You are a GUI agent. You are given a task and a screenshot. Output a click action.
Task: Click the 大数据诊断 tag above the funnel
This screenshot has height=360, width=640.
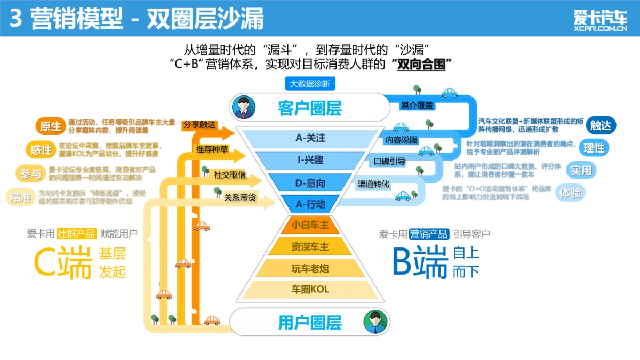310,84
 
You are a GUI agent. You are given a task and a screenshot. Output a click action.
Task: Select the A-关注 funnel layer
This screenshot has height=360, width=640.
310,138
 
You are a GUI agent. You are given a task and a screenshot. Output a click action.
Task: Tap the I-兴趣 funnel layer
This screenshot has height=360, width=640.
310,160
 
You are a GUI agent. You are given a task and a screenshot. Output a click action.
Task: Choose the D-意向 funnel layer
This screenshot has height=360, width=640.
310,183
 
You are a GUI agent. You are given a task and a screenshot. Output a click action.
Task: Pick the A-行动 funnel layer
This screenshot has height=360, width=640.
310,203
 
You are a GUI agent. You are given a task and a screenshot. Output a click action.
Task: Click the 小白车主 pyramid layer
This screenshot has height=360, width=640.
310,225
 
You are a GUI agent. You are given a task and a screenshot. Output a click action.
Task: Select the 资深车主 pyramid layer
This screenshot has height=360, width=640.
310,246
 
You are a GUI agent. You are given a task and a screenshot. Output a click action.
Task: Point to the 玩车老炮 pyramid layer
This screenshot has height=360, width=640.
310,268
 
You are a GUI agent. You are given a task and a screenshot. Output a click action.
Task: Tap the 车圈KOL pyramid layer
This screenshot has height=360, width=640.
310,290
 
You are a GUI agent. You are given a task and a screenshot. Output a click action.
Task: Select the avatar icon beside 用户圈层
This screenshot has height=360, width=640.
376,322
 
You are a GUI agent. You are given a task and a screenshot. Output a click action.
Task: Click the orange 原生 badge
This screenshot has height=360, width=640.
51,126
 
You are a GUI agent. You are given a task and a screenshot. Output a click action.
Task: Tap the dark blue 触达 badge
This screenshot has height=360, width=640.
601,125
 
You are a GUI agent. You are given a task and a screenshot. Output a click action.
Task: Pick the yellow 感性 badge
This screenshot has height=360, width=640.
41,150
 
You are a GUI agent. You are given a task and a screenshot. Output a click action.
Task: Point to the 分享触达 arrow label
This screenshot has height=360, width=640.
199,125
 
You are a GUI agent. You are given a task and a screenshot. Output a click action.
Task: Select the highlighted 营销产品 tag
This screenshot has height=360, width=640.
429,234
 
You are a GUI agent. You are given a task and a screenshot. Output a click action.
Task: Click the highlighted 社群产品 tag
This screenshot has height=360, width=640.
77,234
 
